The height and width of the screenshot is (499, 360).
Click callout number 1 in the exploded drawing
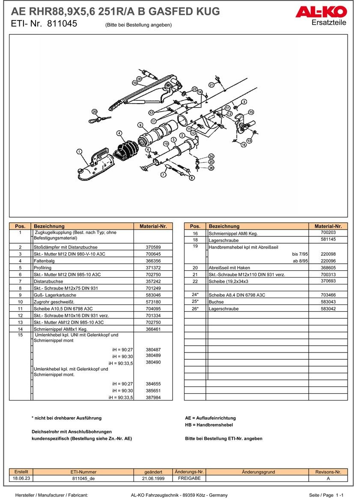tap(79, 151)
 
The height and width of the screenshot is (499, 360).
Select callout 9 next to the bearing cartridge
tap(140, 125)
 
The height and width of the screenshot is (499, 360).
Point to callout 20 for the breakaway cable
tap(95, 111)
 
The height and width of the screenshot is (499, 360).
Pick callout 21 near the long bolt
tap(211, 84)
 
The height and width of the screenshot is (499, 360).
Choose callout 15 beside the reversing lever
tap(251, 112)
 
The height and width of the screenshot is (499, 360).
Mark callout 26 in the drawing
tap(211, 168)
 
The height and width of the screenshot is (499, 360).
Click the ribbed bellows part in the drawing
tap(127, 151)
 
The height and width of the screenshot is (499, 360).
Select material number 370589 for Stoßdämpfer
tap(153, 247)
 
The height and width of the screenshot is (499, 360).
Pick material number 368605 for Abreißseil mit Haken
tap(328, 268)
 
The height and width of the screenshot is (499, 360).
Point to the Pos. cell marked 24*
tap(195, 295)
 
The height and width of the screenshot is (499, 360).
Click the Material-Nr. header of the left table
tap(153, 226)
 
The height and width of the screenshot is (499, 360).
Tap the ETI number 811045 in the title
tap(62, 24)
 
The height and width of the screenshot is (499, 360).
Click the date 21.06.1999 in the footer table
tap(153, 478)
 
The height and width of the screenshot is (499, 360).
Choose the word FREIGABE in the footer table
tap(189, 478)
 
